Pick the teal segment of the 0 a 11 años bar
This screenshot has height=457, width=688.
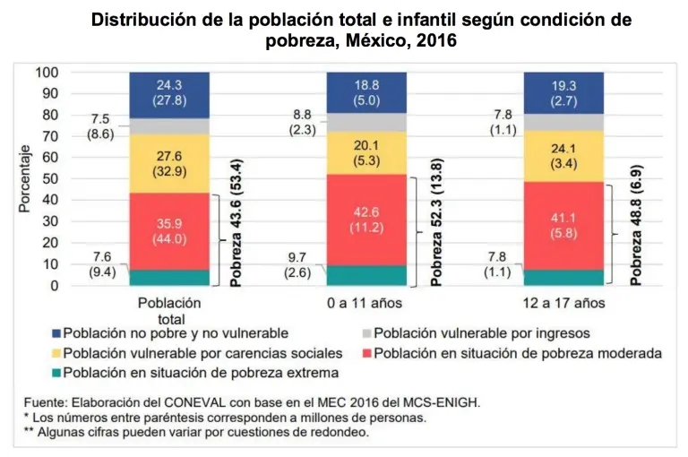[368, 275]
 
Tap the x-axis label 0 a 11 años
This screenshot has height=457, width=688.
[368, 303]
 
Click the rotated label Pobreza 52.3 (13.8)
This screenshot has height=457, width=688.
[436, 231]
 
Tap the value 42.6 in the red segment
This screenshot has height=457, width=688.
[368, 211]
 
